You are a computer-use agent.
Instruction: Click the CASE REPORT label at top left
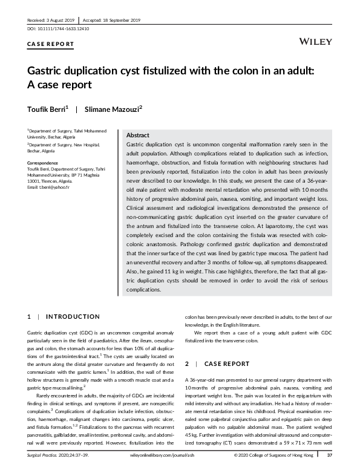click(x=51, y=44)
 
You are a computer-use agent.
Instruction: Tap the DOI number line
click(x=53, y=28)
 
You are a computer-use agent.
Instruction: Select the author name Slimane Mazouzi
click(x=114, y=109)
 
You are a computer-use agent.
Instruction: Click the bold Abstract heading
click(x=138, y=135)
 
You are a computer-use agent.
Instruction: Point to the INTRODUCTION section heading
click(x=73, y=316)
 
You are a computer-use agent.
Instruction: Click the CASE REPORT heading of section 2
click(x=228, y=364)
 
